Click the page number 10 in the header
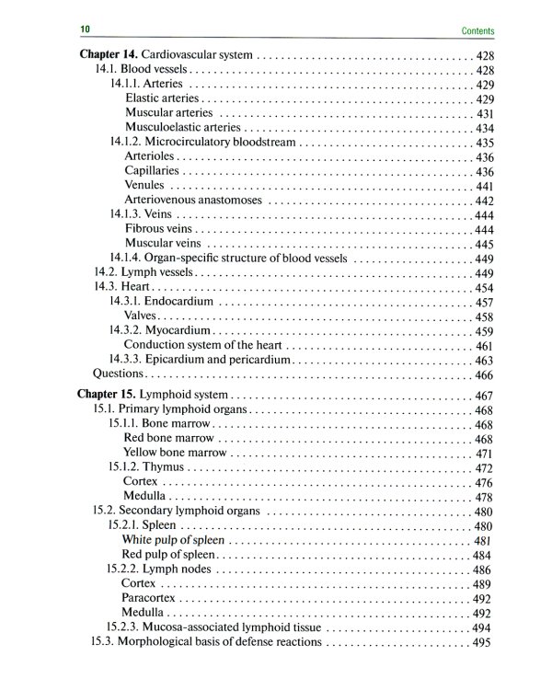(x=84, y=31)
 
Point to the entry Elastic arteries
(x=162, y=98)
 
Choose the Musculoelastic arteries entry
(x=183, y=127)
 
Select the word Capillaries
(x=154, y=171)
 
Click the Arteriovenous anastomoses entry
(x=193, y=200)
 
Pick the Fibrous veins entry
(x=159, y=229)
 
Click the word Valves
(x=143, y=316)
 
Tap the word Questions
(x=119, y=374)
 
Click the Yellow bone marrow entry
(x=174, y=454)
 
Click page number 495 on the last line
(x=482, y=641)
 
